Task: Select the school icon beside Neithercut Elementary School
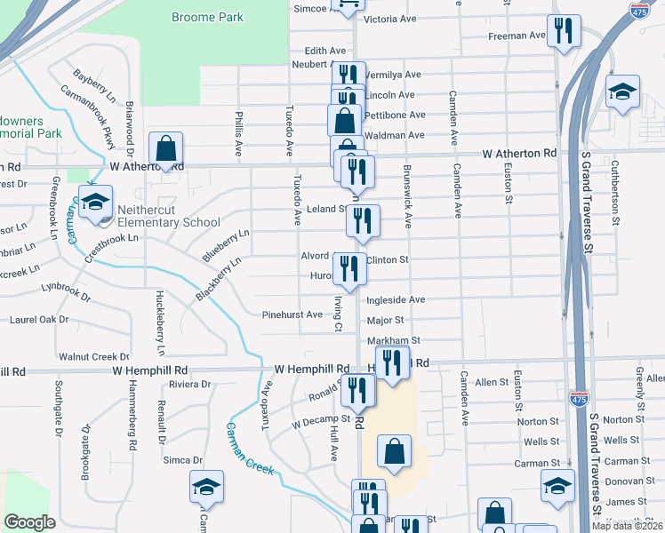[95, 202]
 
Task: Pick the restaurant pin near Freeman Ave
[564, 32]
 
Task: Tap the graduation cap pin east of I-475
[623, 91]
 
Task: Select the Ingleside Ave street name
[396, 300]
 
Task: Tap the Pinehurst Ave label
[292, 314]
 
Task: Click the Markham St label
[393, 340]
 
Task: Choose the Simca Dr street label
[183, 460]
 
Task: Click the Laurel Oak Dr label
[39, 319]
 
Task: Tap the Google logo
[29, 522]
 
